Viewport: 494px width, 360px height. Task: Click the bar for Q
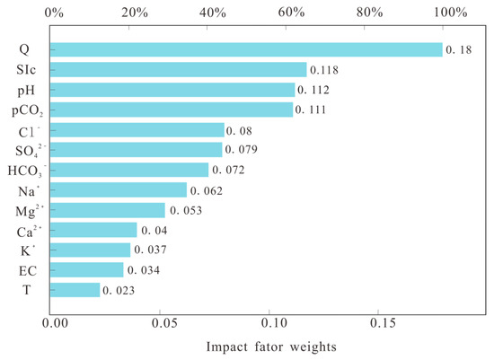(x=247, y=49)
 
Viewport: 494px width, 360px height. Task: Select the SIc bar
(x=180, y=70)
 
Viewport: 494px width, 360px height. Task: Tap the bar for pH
(x=174, y=90)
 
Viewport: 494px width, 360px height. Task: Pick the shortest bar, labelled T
(x=76, y=290)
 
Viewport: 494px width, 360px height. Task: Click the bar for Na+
(x=120, y=190)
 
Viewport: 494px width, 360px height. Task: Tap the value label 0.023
(x=118, y=290)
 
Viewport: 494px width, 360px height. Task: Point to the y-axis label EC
(x=27, y=270)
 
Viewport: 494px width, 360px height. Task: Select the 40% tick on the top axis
(x=212, y=13)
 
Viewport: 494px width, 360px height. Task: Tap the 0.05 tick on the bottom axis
(x=162, y=320)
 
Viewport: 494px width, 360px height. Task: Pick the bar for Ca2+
(x=95, y=230)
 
